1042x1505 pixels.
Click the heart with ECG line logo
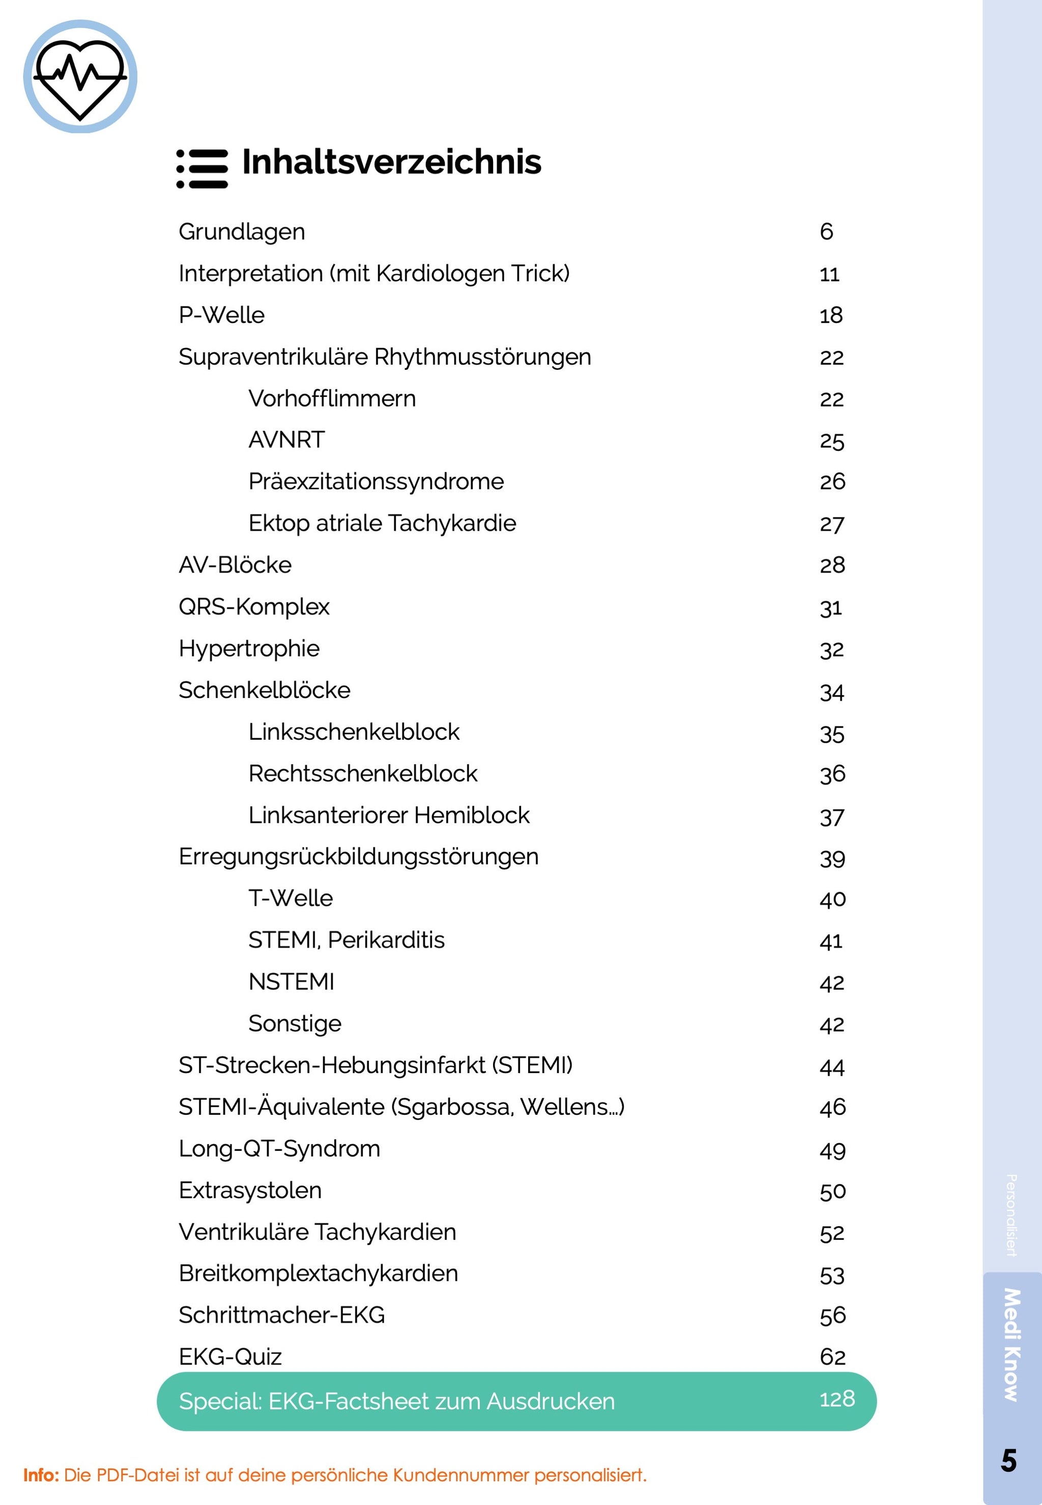pos(80,76)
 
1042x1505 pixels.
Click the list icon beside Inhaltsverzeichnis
pos(202,168)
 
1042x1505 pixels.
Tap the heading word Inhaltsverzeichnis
pos(391,162)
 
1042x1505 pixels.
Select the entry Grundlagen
pos(242,232)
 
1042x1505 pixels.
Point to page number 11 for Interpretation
pos(829,274)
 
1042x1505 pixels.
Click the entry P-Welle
pos(221,315)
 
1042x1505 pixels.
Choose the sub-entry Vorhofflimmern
pos(332,398)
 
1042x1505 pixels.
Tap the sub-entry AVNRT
pos(286,440)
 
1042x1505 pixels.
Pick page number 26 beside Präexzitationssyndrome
pos(832,482)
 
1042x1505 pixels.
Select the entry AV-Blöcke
pos(235,565)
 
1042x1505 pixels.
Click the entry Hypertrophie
pos(249,648)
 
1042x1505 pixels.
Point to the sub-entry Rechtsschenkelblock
pos(362,774)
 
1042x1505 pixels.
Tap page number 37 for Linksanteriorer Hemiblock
pos(832,817)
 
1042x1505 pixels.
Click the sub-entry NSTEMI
pos(291,982)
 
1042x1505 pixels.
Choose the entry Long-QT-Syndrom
pos(279,1148)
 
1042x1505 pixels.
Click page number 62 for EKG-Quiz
pos(832,1357)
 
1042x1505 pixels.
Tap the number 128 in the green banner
pos(837,1399)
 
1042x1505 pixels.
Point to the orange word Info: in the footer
pos(41,1475)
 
